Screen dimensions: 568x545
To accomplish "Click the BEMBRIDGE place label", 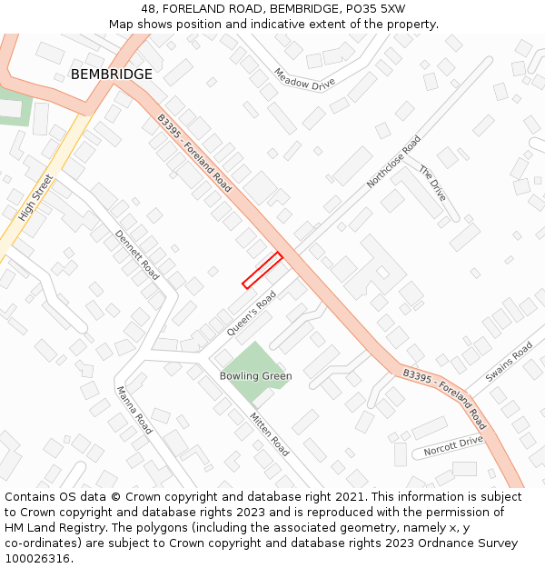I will coord(112,74).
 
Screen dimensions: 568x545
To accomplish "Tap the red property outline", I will coord(263,270).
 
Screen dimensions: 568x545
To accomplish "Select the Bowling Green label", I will coord(255,375).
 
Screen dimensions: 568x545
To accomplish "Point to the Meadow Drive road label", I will coord(304,79).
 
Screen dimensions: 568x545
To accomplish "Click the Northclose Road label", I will coord(393,162).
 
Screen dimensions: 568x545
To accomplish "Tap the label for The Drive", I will coord(432,183).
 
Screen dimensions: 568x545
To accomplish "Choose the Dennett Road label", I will coord(137,254).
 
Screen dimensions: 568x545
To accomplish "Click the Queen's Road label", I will coord(251,314).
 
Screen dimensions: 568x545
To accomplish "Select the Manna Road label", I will coord(134,410).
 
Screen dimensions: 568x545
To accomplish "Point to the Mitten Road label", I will coord(269,434).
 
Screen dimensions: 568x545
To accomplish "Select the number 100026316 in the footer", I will coord(36,559).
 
